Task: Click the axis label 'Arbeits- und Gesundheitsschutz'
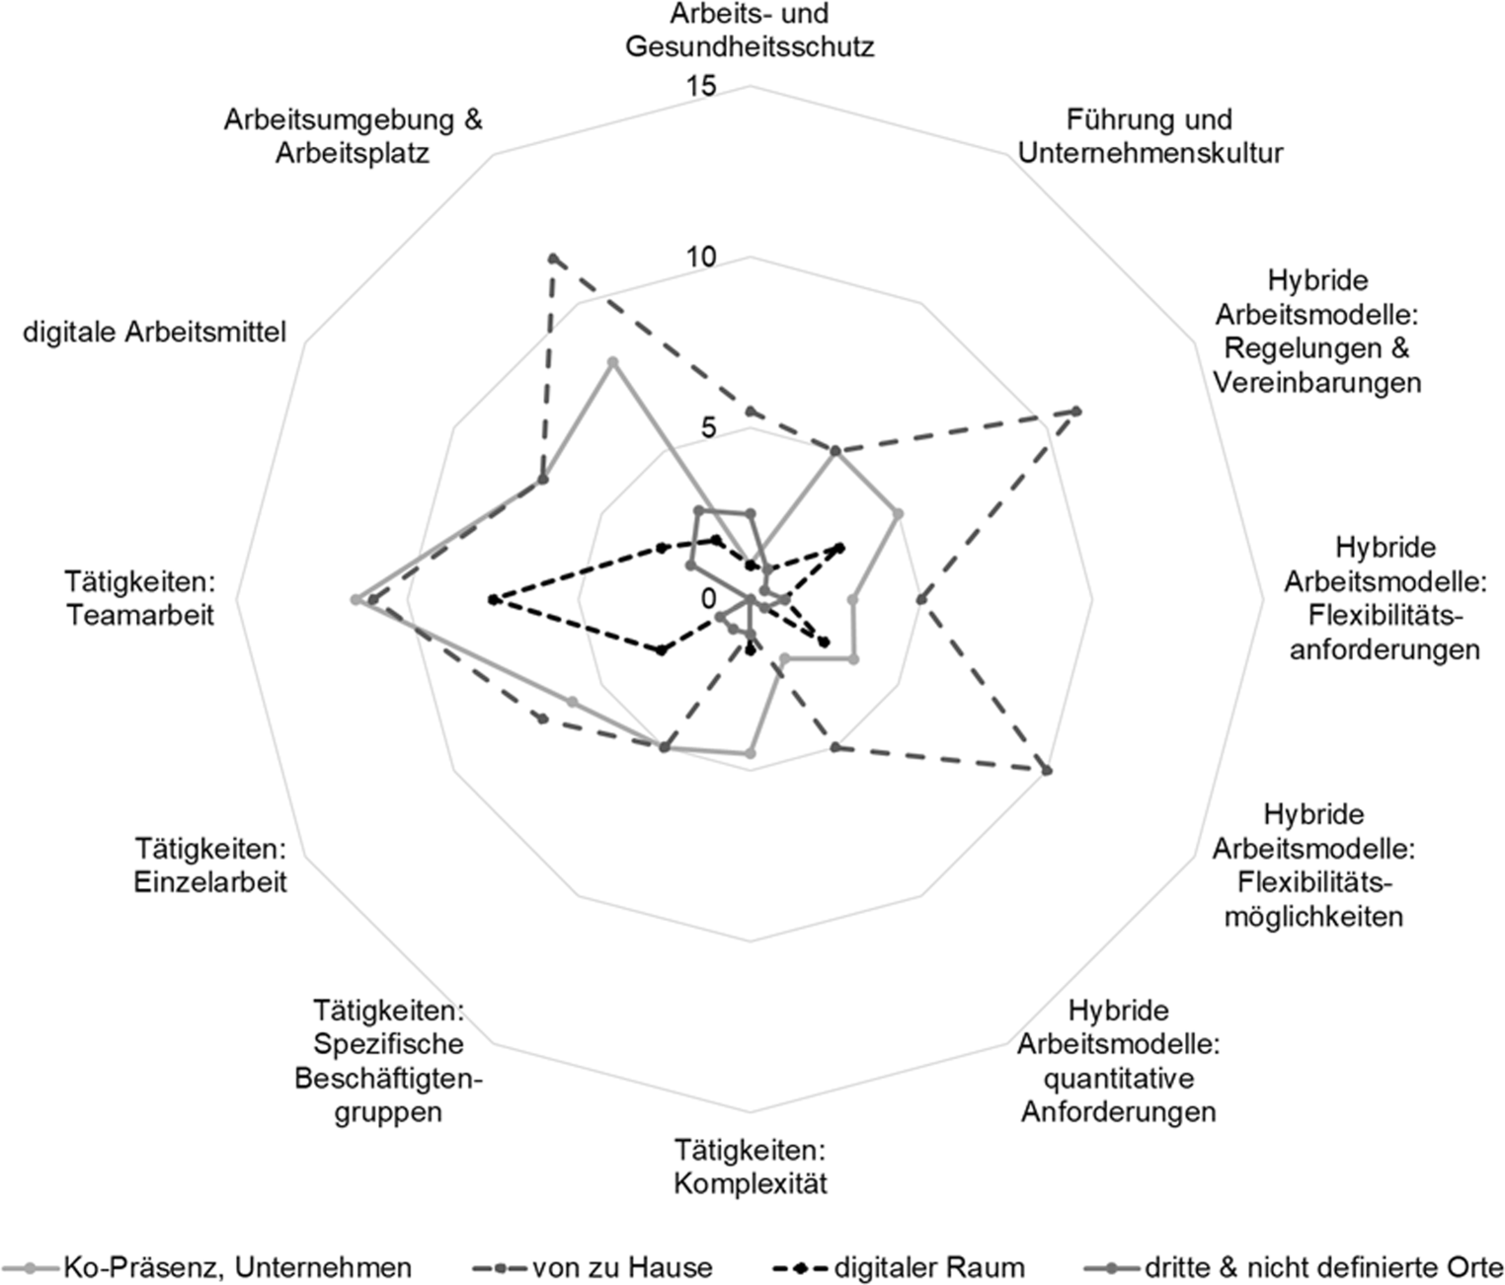coord(750,31)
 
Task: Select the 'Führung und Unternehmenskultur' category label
coord(1149,136)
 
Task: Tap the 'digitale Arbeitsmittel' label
coord(155,332)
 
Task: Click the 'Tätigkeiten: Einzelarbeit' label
coord(210,864)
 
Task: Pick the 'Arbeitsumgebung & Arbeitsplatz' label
coord(353,136)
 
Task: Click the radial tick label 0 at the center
coord(709,598)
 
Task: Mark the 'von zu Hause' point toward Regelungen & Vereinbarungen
coord(1076,411)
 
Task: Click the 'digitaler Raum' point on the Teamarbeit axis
coord(492,599)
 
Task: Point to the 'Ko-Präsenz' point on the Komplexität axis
coord(750,754)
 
